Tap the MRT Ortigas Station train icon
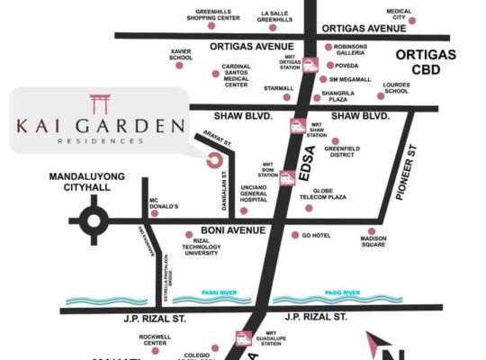(310, 65)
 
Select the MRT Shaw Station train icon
(295, 126)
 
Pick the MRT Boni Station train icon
(287, 177)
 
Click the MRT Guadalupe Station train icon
(243, 338)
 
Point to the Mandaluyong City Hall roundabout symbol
(94, 219)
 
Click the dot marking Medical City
(412, 20)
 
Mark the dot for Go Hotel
(294, 235)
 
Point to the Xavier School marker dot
(179, 66)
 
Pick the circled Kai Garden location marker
(214, 160)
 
